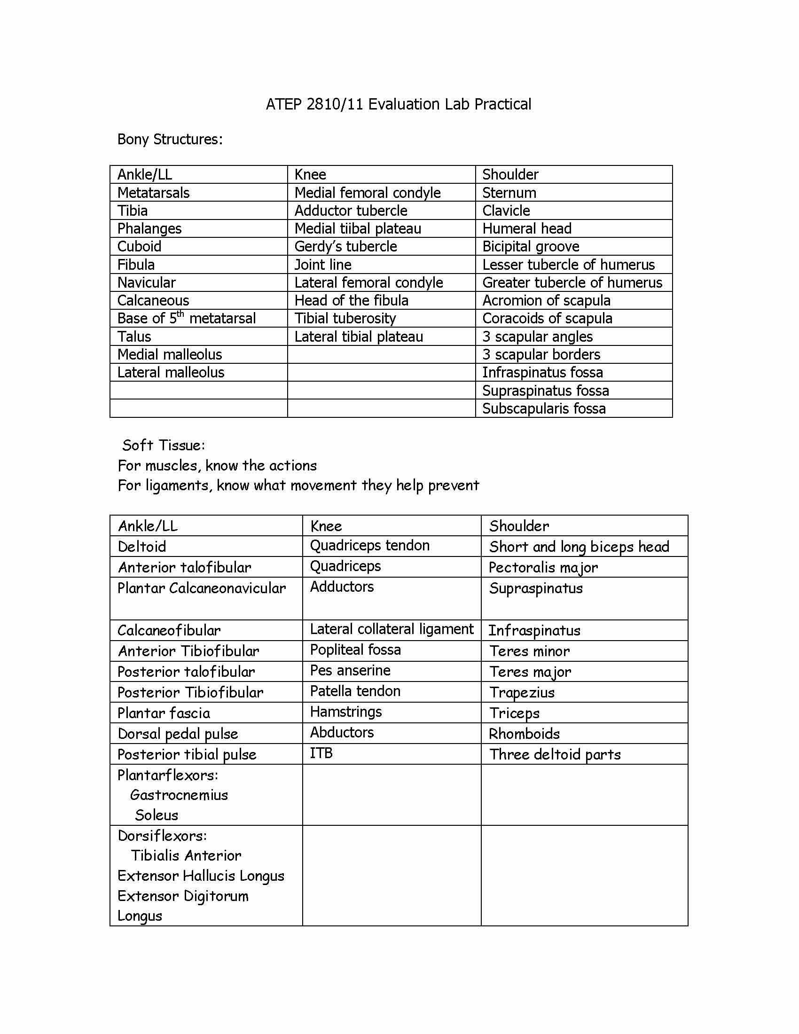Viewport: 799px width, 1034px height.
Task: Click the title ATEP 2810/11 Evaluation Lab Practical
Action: point(398,104)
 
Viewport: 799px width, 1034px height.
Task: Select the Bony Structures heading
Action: point(170,139)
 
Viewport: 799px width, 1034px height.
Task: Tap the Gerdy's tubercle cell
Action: point(345,246)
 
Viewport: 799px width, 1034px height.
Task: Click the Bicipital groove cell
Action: point(531,246)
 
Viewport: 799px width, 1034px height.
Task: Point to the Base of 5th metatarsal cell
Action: point(186,318)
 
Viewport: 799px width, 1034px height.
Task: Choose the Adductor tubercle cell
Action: point(351,211)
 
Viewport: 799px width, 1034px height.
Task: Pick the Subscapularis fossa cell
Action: point(544,408)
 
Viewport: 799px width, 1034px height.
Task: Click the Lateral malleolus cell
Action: point(171,373)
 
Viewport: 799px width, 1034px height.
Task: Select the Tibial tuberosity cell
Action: point(345,318)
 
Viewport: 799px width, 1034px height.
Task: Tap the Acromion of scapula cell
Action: point(546,300)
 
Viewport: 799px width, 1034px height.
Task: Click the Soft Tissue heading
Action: point(163,445)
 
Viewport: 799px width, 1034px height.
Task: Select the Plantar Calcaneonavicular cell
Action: point(202,588)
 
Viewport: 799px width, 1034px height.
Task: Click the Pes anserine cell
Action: point(350,670)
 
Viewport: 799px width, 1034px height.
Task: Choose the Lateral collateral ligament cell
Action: point(392,629)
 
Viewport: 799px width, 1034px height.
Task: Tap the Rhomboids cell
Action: point(524,734)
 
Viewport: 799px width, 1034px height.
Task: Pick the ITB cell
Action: point(321,753)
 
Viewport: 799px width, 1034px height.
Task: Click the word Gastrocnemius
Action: point(179,795)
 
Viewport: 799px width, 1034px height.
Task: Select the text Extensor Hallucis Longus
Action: point(201,876)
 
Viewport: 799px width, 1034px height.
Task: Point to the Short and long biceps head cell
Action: point(579,547)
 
